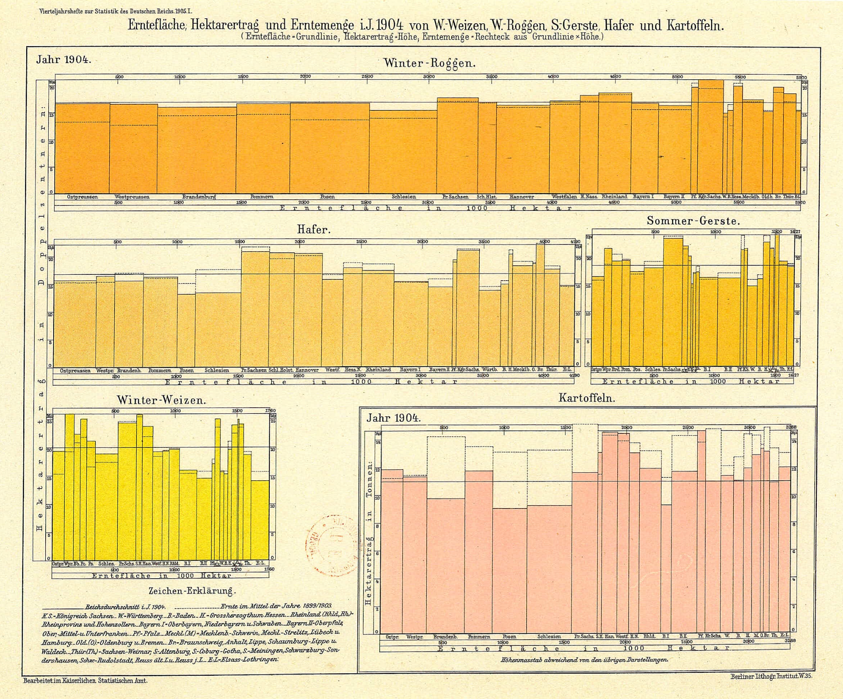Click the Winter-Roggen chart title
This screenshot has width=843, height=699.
(x=429, y=64)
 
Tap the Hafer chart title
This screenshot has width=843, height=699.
(x=313, y=230)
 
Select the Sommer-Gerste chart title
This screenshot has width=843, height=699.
(x=693, y=221)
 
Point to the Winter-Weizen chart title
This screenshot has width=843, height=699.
(x=161, y=401)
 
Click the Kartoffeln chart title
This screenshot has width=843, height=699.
(x=586, y=398)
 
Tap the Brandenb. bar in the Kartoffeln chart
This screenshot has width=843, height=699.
(x=446, y=565)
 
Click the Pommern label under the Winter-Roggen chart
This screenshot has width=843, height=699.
(x=262, y=197)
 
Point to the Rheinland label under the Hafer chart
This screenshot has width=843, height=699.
(x=378, y=370)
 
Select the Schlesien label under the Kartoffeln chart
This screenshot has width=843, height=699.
(x=549, y=637)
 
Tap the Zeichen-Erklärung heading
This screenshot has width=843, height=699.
(x=192, y=591)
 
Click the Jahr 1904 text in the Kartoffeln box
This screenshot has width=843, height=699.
(x=393, y=418)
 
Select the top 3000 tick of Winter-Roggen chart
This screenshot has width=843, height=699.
(x=429, y=77)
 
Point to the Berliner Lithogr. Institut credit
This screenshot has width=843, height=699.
(x=771, y=676)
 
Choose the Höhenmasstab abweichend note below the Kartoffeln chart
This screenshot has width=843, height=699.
(x=584, y=660)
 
